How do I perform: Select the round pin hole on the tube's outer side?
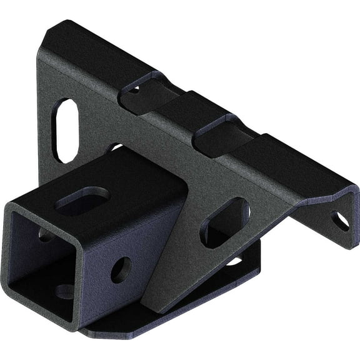click(120, 269)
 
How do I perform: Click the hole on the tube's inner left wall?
click(45, 235)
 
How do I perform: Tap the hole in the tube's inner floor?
click(64, 291)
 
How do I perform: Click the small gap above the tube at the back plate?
click(116, 148)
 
